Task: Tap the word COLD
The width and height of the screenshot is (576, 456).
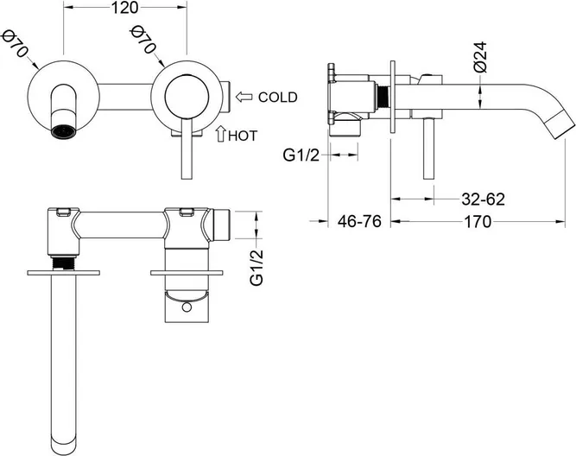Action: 277,97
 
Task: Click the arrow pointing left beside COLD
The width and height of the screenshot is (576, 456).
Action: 244,97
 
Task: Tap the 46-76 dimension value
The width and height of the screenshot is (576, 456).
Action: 359,221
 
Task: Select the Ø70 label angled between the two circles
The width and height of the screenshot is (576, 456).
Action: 144,43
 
